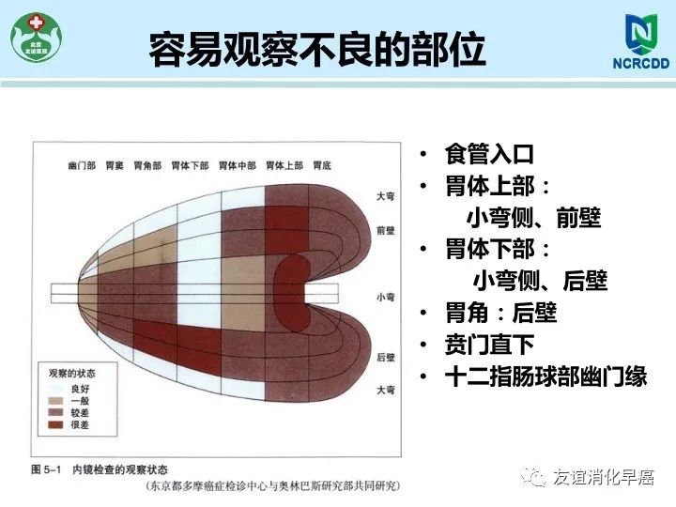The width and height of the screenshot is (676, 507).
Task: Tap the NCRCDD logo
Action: (641, 41)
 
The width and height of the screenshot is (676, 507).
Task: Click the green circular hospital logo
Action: (37, 37)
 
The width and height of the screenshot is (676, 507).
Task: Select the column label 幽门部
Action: (82, 165)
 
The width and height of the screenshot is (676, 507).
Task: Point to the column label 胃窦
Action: (115, 165)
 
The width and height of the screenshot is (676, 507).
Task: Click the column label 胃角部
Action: (147, 165)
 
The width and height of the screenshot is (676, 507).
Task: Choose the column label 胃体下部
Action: (190, 165)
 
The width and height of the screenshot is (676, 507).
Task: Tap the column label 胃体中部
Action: (238, 165)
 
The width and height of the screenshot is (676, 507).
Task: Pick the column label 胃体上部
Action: (284, 165)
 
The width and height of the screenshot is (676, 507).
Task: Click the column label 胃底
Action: (322, 165)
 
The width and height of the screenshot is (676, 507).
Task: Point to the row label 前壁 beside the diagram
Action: (386, 231)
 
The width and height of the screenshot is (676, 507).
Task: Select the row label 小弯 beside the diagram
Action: (386, 297)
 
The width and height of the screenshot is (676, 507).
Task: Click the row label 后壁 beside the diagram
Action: (386, 358)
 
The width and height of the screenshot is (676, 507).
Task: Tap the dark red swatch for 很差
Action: (55, 424)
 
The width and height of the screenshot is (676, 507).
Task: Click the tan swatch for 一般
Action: (55, 401)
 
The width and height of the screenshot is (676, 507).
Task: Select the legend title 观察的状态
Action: (72, 374)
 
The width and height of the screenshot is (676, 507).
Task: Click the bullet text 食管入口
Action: (489, 154)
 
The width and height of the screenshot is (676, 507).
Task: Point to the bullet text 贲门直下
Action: (489, 345)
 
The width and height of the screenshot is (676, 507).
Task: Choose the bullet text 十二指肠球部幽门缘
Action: (545, 376)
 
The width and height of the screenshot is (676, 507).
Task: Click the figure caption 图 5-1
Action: (46, 469)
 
